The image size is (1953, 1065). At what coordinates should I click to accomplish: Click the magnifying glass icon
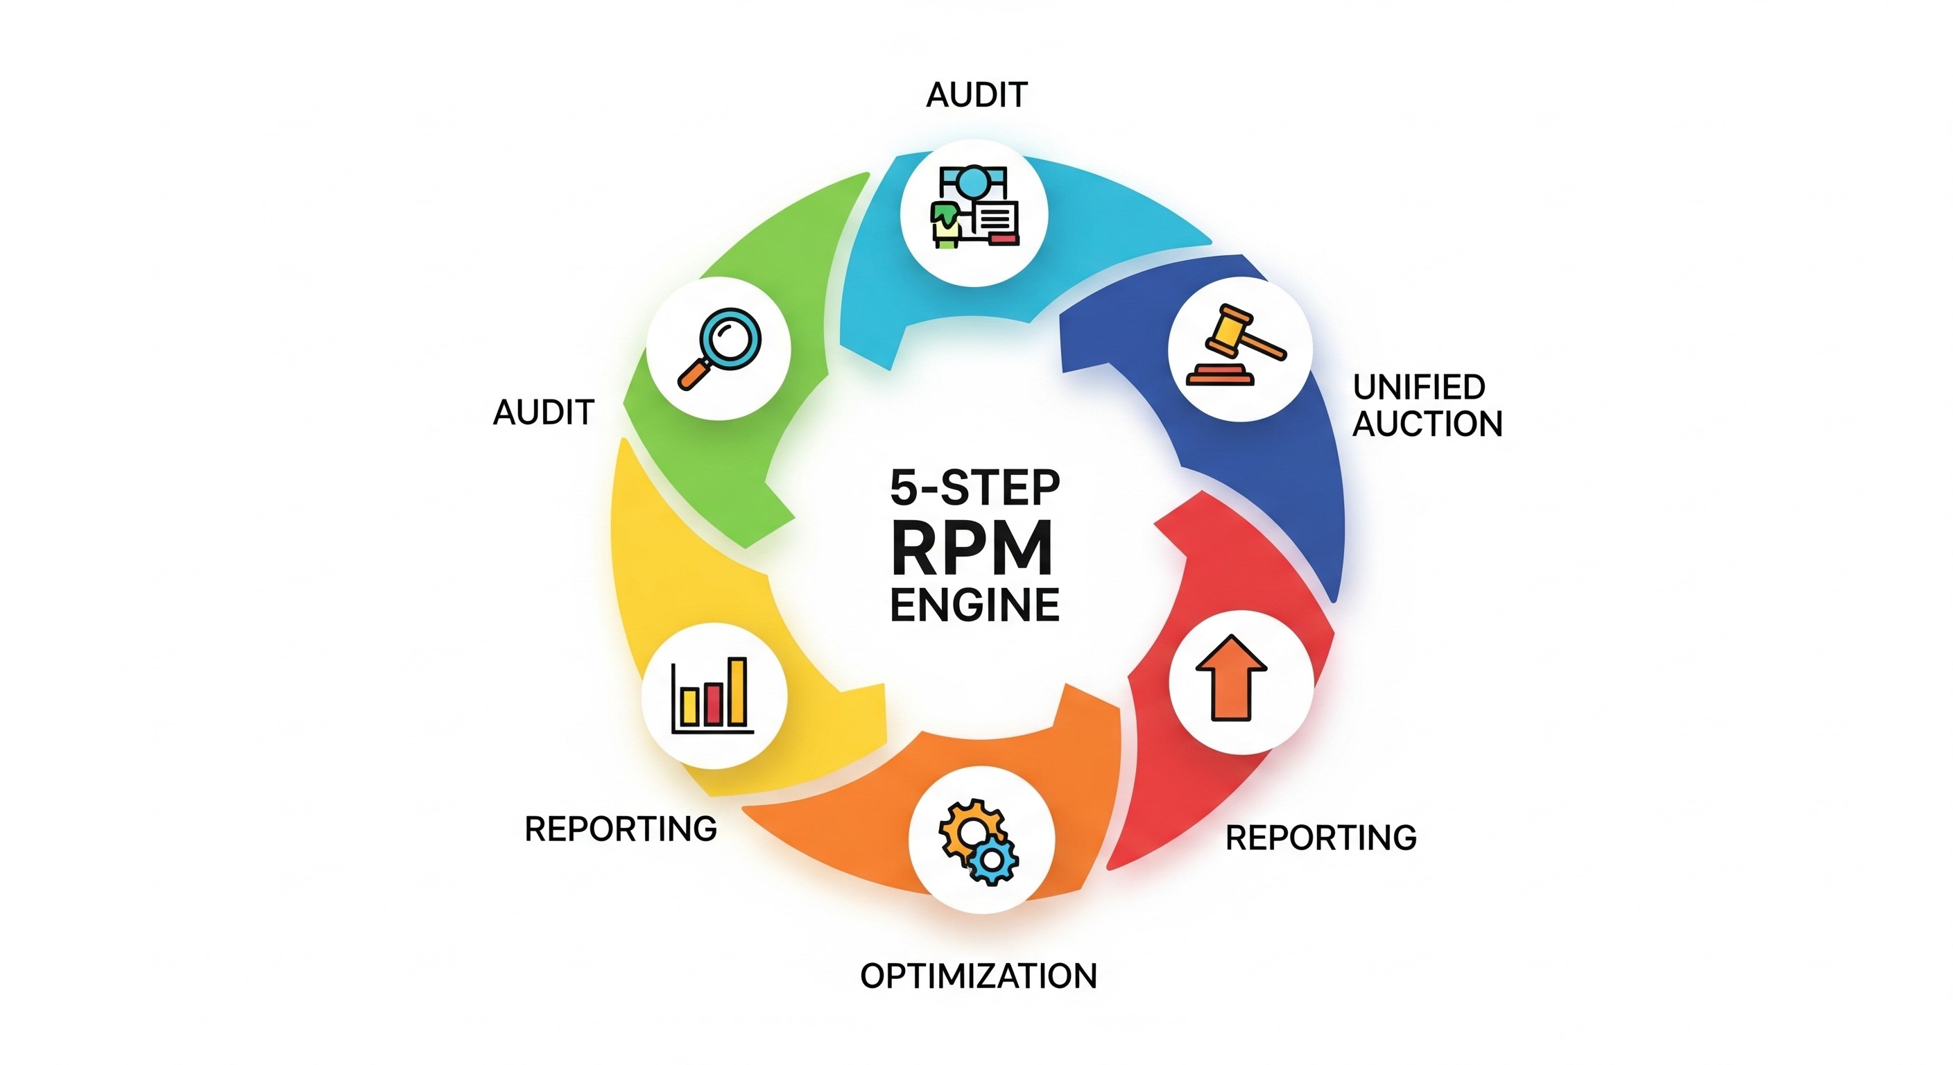(x=719, y=348)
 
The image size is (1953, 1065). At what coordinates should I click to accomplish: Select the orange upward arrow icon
(x=1230, y=677)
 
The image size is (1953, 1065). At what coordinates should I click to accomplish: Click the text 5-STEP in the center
(x=974, y=488)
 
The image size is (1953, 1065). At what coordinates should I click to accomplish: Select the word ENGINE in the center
(x=974, y=605)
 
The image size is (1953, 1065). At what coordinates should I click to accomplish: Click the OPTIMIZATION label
(x=978, y=976)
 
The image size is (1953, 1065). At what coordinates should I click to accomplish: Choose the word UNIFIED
(x=1418, y=388)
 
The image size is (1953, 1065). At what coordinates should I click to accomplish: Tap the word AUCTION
(x=1427, y=424)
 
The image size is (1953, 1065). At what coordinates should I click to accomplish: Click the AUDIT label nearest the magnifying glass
(x=543, y=413)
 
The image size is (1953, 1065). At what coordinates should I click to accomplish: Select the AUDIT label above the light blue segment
(x=976, y=95)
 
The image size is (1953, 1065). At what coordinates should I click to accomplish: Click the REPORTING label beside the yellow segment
(x=620, y=829)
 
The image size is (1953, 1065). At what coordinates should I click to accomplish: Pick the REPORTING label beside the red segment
(x=1320, y=838)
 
